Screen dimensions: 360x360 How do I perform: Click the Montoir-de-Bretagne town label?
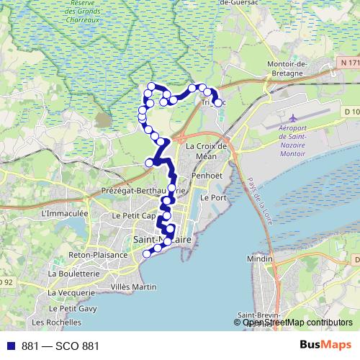point(297,68)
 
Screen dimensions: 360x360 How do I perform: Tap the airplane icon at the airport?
point(292,117)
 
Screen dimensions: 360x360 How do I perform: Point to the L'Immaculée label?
point(65,214)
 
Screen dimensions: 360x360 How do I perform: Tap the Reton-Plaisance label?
point(97,255)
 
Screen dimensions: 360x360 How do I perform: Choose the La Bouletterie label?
point(73,274)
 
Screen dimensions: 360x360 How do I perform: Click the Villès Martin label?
point(135,287)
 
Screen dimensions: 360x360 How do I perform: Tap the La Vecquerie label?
point(71,293)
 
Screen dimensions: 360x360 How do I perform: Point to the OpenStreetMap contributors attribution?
point(297,323)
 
